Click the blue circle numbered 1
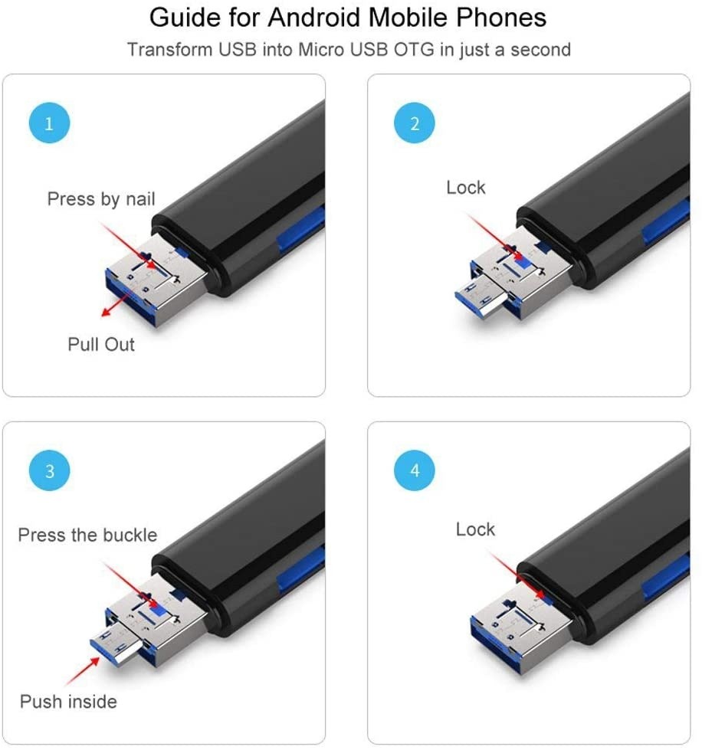49,124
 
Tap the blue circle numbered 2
415,124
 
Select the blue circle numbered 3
49,470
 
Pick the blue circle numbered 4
415,470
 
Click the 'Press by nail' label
101,199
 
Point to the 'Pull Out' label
101,344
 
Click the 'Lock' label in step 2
466,188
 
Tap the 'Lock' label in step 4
475,529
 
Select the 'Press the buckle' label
87,535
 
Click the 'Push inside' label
68,701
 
